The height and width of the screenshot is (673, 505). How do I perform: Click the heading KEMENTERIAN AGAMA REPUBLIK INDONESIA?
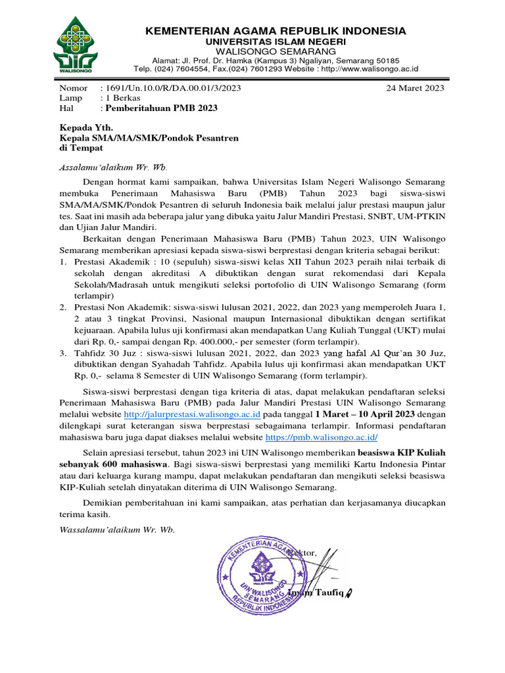[276, 31]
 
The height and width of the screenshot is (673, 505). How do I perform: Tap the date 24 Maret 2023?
[416, 87]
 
